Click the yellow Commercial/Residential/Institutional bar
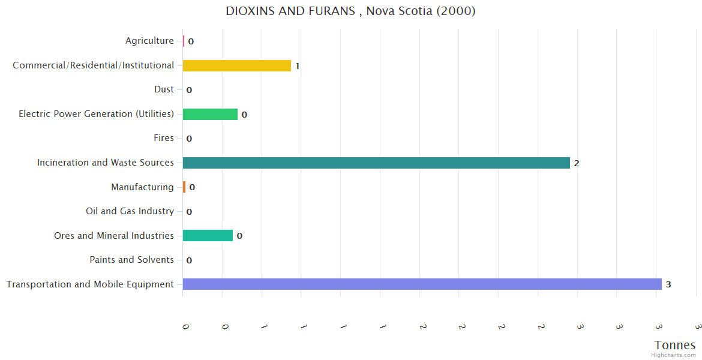pyautogui.click(x=236, y=65)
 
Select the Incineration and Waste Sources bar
pyautogui.click(x=376, y=163)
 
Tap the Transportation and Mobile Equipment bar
pyautogui.click(x=422, y=284)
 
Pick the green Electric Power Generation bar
pyautogui.click(x=210, y=114)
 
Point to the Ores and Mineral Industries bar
pyautogui.click(x=208, y=236)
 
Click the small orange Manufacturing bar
pyautogui.click(x=184, y=187)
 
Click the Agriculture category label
pyautogui.click(x=149, y=41)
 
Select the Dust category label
pyautogui.click(x=164, y=89)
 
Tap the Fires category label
pyautogui.click(x=164, y=138)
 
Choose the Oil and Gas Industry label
pyautogui.click(x=130, y=211)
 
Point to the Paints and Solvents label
pyautogui.click(x=131, y=260)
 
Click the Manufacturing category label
pyautogui.click(x=142, y=187)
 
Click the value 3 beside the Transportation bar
pyautogui.click(x=668, y=284)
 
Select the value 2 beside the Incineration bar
pyautogui.click(x=577, y=163)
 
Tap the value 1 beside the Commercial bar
pyautogui.click(x=298, y=66)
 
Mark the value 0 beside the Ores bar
pyautogui.click(x=239, y=236)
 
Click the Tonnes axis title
pyautogui.click(x=675, y=345)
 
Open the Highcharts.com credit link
pyautogui.click(x=674, y=355)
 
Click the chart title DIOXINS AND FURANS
pyautogui.click(x=350, y=11)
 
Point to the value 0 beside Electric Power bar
pyautogui.click(x=244, y=115)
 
